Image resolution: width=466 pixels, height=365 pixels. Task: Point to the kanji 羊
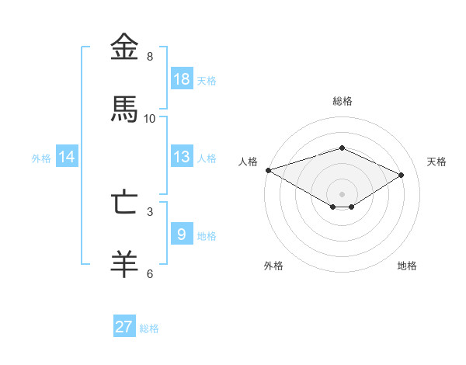pyautogui.click(x=125, y=265)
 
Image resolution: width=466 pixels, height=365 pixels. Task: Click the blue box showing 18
pyautogui.click(x=182, y=79)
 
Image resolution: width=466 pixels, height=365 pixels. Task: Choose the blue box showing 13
pyautogui.click(x=182, y=157)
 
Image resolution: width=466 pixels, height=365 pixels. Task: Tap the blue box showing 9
pyautogui.click(x=182, y=235)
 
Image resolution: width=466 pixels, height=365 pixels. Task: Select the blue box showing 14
pyautogui.click(x=67, y=157)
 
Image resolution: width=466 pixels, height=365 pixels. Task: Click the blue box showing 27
pyautogui.click(x=124, y=327)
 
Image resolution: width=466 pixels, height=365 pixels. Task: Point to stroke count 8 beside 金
pyautogui.click(x=150, y=57)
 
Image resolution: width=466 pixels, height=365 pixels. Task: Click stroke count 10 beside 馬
pyautogui.click(x=150, y=119)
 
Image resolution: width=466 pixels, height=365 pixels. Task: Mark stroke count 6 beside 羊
pyautogui.click(x=150, y=273)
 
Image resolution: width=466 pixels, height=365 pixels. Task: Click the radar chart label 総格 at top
pyautogui.click(x=343, y=101)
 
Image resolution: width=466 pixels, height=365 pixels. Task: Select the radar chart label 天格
pyautogui.click(x=437, y=162)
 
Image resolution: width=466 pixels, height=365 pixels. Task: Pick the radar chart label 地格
pyautogui.click(x=407, y=266)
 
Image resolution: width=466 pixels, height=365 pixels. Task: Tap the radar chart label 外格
pyautogui.click(x=273, y=266)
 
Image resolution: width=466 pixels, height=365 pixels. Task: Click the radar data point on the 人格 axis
pyautogui.click(x=268, y=170)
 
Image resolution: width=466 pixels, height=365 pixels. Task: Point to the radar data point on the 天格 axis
pyautogui.click(x=402, y=175)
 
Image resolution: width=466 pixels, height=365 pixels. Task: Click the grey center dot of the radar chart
pyautogui.click(x=342, y=193)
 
